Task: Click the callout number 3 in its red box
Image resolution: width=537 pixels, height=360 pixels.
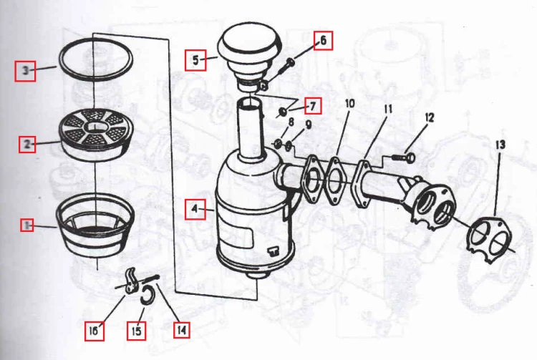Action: (x=25, y=71)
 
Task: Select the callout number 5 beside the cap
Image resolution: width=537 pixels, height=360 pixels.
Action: (x=195, y=60)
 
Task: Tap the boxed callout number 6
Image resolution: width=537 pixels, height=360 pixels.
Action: (x=324, y=40)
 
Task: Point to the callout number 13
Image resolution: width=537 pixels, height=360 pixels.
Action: (x=500, y=145)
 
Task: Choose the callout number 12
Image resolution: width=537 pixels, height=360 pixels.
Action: (x=429, y=118)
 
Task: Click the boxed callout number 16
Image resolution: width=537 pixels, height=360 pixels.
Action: (x=94, y=331)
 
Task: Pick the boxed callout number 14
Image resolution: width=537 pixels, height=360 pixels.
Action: (x=182, y=330)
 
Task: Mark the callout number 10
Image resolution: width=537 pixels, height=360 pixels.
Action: (x=349, y=103)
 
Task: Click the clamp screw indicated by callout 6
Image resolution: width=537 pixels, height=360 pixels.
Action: (x=285, y=68)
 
